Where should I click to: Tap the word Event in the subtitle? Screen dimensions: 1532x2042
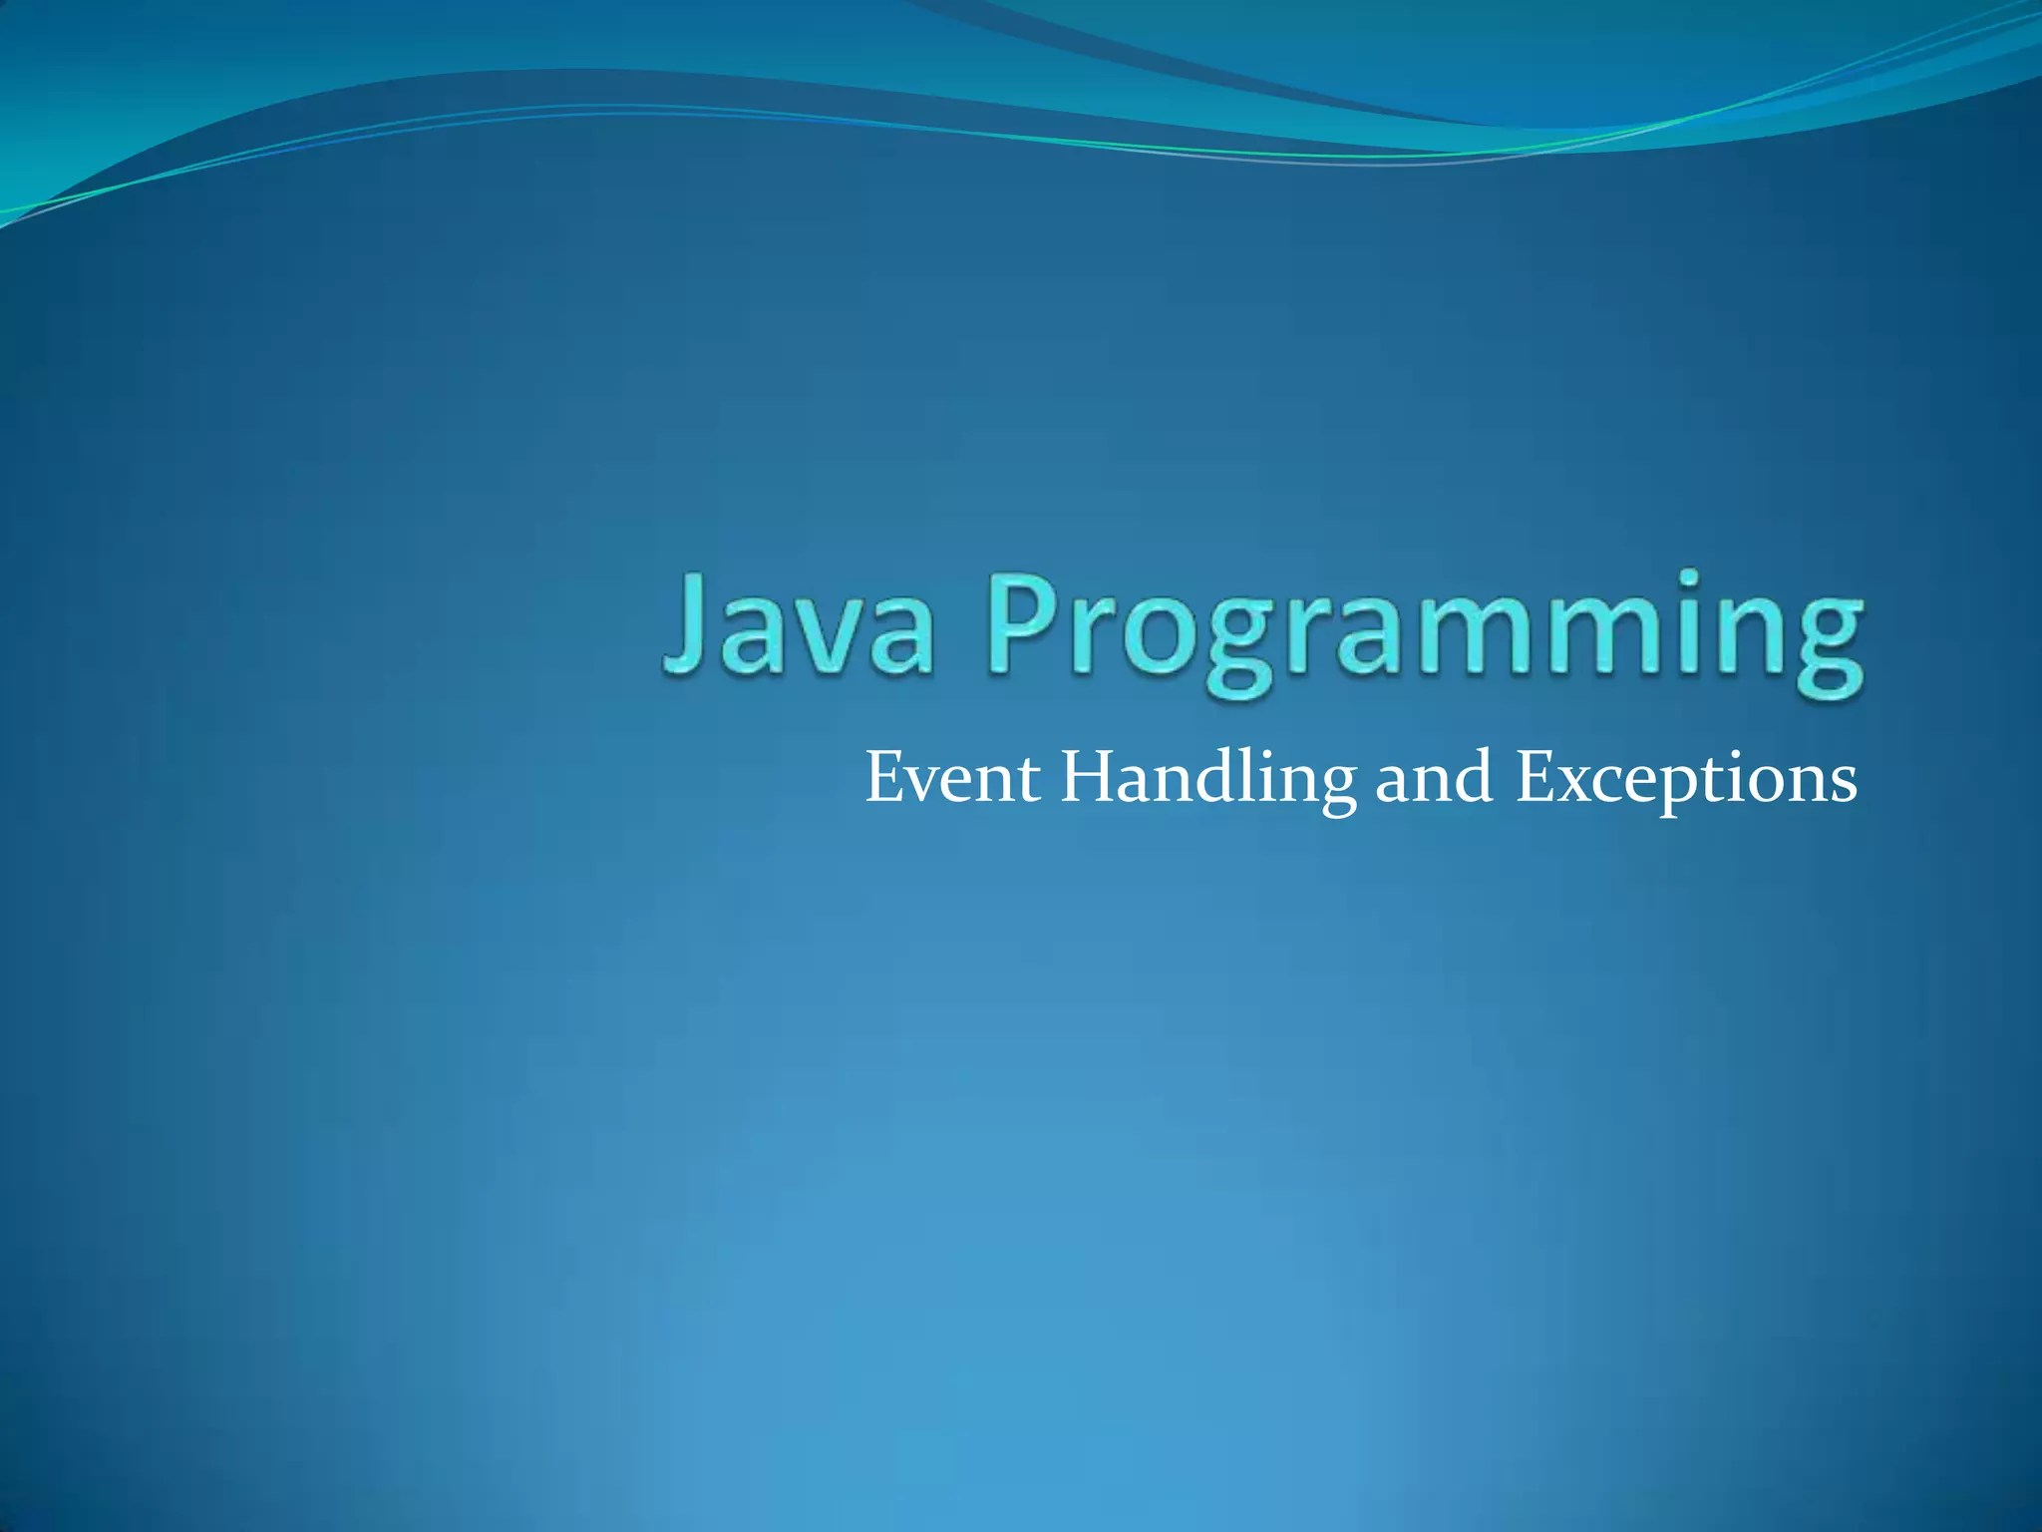(x=951, y=779)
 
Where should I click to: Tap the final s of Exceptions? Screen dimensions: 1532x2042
(x=1842, y=785)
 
